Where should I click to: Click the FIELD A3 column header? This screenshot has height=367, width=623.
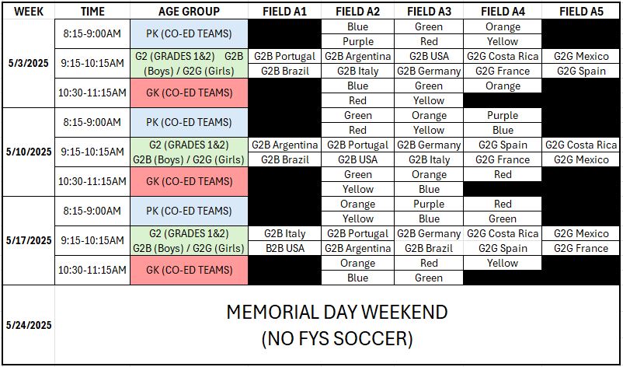coord(429,12)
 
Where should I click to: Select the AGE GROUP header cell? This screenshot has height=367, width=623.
coord(189,12)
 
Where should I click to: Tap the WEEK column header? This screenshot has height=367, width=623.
coord(29,12)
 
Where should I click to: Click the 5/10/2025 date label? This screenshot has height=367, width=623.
coord(29,152)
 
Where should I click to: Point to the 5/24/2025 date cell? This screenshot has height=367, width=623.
coord(29,325)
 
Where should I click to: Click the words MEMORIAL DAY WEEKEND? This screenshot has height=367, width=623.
coord(337,312)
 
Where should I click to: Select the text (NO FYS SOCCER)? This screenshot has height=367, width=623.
coord(337,339)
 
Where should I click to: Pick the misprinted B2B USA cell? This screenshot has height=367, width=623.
coord(284,248)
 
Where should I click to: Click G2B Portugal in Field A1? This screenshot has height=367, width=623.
coord(284,56)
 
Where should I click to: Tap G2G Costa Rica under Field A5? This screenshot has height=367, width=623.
coord(581,145)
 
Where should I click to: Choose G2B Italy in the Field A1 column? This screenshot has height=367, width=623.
coord(284,233)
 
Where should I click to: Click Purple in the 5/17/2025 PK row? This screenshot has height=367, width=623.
coord(429,204)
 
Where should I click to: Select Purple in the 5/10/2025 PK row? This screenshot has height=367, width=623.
coord(503,115)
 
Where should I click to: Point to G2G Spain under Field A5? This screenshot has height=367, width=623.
coord(581,72)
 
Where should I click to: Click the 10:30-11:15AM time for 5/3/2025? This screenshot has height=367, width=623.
coord(92,93)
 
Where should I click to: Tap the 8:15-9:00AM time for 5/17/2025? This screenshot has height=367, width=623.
coord(92,211)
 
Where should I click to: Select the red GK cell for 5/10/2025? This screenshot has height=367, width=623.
coord(189,181)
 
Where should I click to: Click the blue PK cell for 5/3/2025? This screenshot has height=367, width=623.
coord(189,33)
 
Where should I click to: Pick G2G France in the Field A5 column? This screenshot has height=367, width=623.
coord(581,248)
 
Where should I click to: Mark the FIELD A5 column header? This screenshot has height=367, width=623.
coord(581,12)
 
